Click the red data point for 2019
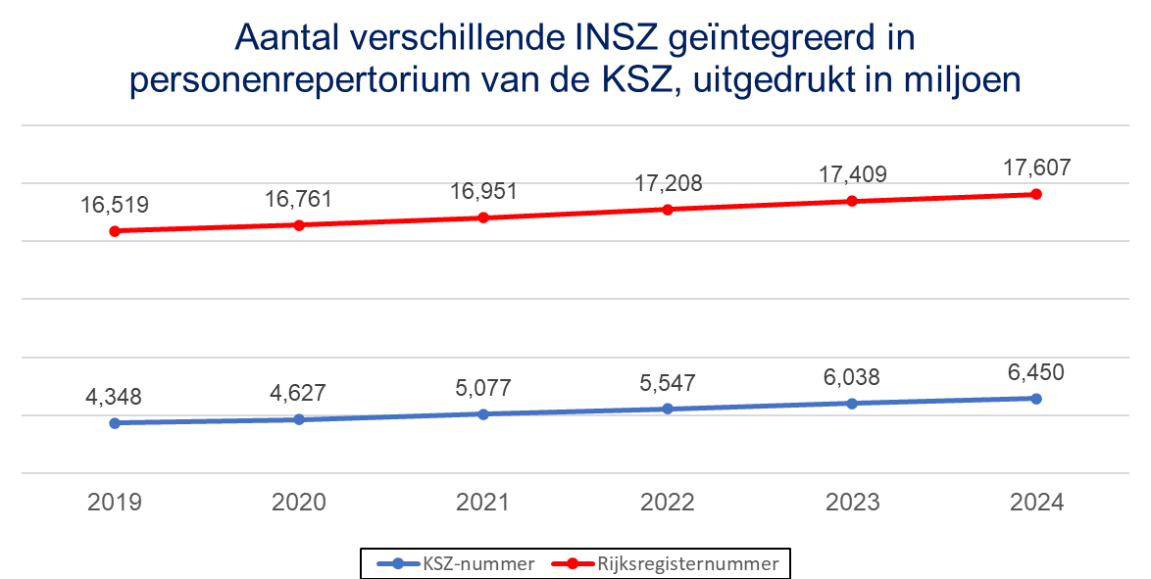(x=115, y=231)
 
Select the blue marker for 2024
(x=1036, y=399)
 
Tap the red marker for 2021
(x=483, y=217)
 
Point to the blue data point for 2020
(x=299, y=419)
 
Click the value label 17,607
(x=1036, y=169)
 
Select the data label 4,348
(x=115, y=398)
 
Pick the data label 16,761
(x=299, y=200)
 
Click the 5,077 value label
(x=483, y=389)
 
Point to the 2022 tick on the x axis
(x=668, y=503)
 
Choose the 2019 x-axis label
(x=115, y=503)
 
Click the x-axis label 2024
(x=1036, y=503)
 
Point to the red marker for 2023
(x=852, y=201)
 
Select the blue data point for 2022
(x=668, y=409)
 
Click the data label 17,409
(x=852, y=175)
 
